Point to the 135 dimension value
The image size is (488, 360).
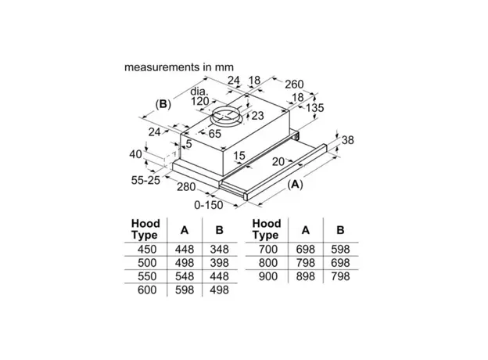(315, 107)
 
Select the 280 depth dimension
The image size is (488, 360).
(186, 187)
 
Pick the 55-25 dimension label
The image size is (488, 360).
(146, 181)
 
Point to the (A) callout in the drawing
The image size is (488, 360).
(296, 185)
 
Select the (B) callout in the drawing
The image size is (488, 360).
(163, 103)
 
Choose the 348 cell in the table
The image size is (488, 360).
(221, 249)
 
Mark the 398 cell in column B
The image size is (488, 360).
(221, 262)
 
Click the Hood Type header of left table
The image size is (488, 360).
(146, 229)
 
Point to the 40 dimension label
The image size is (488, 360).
(136, 154)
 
